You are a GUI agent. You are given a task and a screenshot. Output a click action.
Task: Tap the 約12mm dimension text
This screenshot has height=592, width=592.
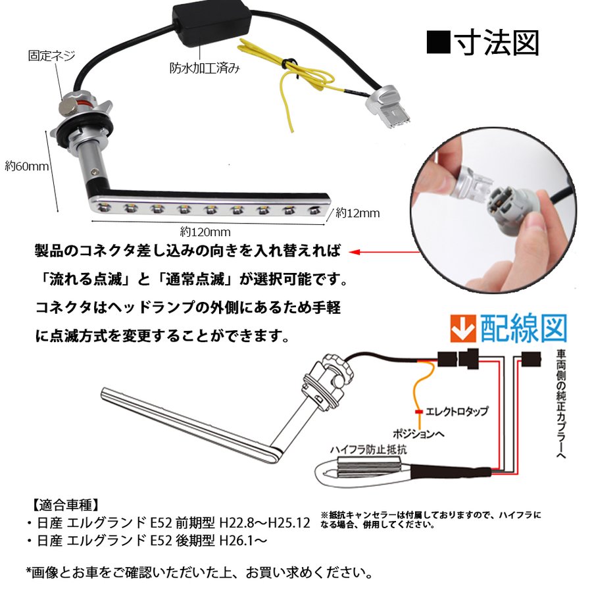pos(357,213)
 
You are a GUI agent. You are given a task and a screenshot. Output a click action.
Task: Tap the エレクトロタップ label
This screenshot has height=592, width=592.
pos(457,411)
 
